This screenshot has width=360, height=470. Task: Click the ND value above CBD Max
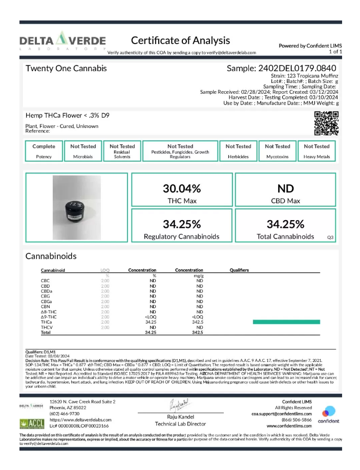[x=285, y=187]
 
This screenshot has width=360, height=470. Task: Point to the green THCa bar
[x=286, y=322]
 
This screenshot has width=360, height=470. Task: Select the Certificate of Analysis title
[x=180, y=40]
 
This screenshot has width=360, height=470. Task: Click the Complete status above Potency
[x=44, y=146]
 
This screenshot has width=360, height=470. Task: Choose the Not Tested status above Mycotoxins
[x=277, y=146]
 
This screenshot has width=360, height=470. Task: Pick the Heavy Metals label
[x=316, y=157]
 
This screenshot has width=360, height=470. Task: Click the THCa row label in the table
[x=46, y=322]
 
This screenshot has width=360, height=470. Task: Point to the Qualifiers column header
[x=239, y=270]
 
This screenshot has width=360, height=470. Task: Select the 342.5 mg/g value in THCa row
[x=198, y=322]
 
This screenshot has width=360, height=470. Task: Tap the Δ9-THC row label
[x=49, y=316]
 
